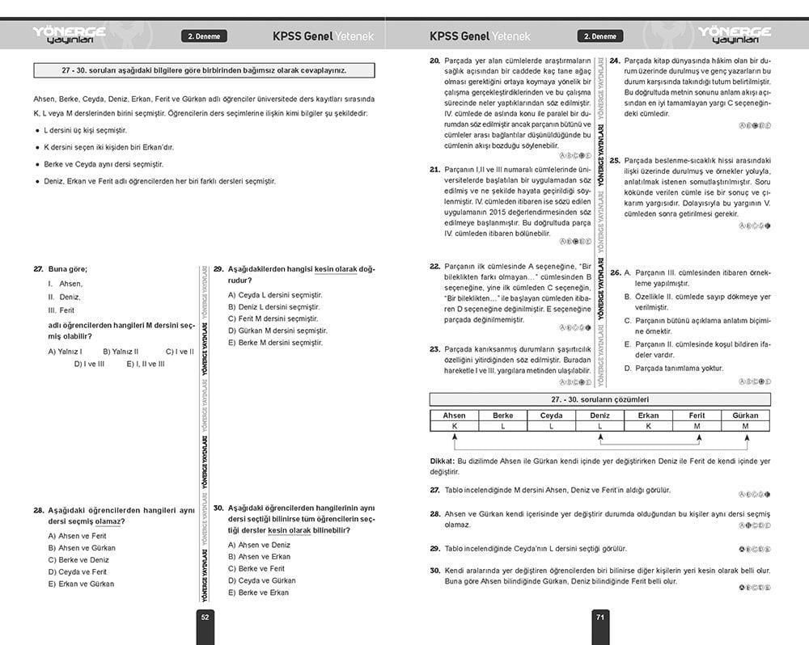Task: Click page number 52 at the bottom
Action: pos(205,617)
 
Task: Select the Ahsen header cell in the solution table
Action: pos(454,415)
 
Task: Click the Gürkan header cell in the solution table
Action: pos(745,415)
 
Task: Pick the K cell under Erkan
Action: pos(648,426)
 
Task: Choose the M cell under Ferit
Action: pos(697,426)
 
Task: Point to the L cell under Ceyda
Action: pos(551,426)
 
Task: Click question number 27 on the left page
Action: pos(38,268)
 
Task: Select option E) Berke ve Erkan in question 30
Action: pos(258,592)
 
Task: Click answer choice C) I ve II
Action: pos(179,352)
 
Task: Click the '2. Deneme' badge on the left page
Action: pos(203,36)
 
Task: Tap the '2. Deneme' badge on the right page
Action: pos(599,36)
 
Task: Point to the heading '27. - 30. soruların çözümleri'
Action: pos(599,399)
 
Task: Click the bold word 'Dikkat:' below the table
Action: pos(443,461)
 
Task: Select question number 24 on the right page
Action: pos(615,61)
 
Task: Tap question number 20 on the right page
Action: pos(434,61)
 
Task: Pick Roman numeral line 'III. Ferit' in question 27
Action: pos(61,310)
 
